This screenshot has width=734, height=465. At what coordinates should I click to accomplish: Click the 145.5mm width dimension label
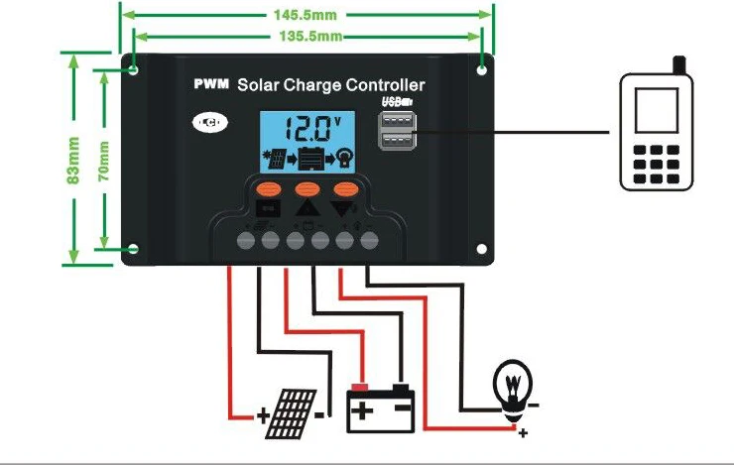click(305, 15)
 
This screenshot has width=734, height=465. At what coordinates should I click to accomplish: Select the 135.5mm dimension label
click(310, 36)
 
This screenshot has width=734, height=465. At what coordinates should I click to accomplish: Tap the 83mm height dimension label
click(73, 160)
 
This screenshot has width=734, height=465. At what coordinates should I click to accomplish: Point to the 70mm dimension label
click(103, 161)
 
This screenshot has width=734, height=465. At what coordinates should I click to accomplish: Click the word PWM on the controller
click(211, 83)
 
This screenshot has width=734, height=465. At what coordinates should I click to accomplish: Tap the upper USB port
click(397, 121)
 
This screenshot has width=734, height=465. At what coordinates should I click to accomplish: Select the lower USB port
click(397, 140)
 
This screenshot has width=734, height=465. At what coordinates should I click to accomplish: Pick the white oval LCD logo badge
click(210, 123)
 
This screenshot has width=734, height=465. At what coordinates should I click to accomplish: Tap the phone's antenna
click(679, 65)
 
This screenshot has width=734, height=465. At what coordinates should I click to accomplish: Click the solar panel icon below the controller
click(292, 414)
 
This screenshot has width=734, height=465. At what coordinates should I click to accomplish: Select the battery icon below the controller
click(381, 408)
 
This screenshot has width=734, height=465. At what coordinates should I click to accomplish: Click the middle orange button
click(307, 189)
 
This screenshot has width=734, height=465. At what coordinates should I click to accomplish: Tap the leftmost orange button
click(268, 190)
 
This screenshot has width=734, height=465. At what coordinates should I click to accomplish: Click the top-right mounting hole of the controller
click(481, 70)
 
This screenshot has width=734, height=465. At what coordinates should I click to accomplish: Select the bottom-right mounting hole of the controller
click(481, 249)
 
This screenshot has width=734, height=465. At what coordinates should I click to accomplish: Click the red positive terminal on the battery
click(359, 388)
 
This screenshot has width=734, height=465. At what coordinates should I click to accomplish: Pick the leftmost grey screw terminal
click(246, 241)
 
